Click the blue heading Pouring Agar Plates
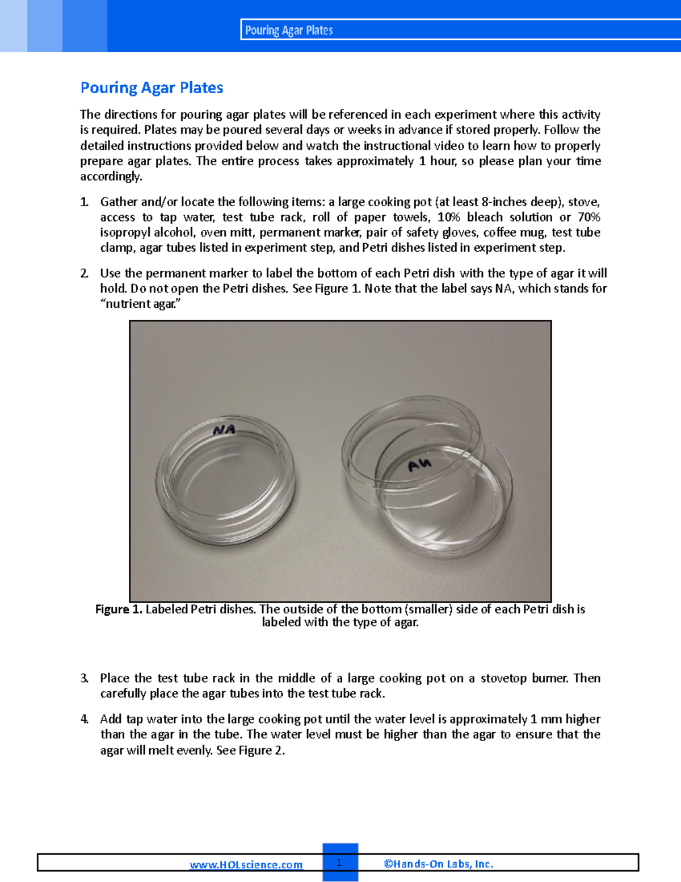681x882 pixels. point(152,88)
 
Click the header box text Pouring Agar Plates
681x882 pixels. point(289,31)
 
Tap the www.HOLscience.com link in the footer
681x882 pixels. point(246,864)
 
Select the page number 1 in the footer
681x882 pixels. point(339,863)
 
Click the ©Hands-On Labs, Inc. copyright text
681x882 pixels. point(438,864)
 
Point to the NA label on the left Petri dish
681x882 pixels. point(224,430)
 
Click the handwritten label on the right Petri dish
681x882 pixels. point(420,465)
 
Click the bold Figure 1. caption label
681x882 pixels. point(119,609)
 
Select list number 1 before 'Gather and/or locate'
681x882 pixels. point(84,202)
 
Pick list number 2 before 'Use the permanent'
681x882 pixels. point(84,273)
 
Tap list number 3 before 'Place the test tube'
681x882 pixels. point(84,678)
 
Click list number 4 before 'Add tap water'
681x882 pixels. point(84,720)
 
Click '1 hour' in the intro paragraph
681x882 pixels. point(437,161)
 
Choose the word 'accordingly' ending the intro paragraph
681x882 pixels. point(110,177)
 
